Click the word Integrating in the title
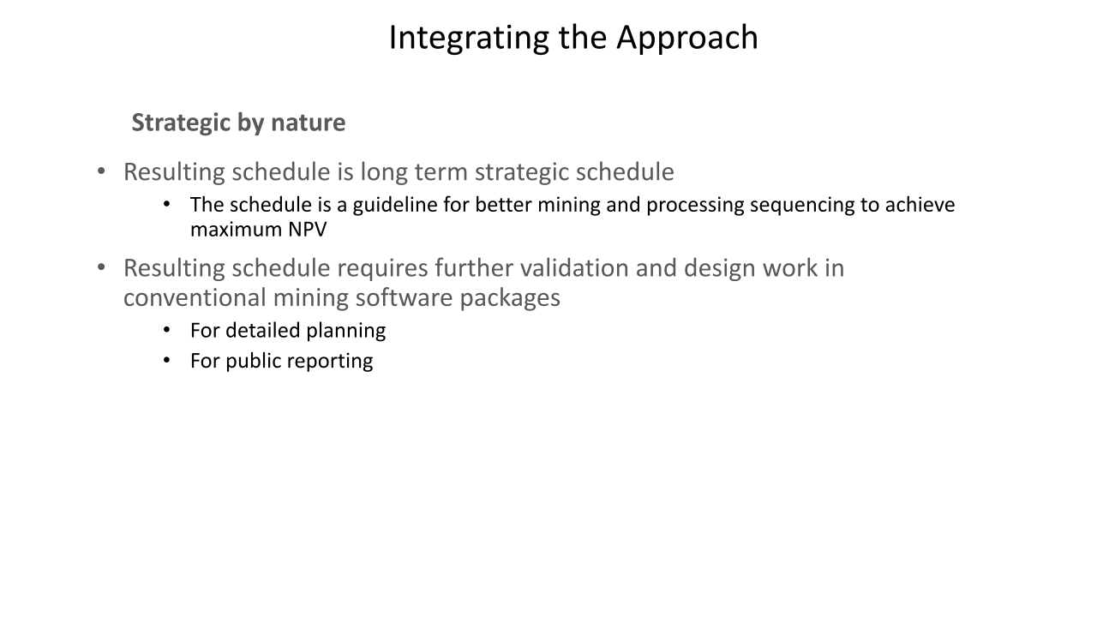469,39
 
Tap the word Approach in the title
687,39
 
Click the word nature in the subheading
308,123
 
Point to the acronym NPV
307,230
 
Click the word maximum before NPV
236,230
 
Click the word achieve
920,205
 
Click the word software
404,297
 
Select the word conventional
195,297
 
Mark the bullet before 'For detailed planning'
166,331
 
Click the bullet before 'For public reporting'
166,361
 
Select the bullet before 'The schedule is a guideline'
166,205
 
